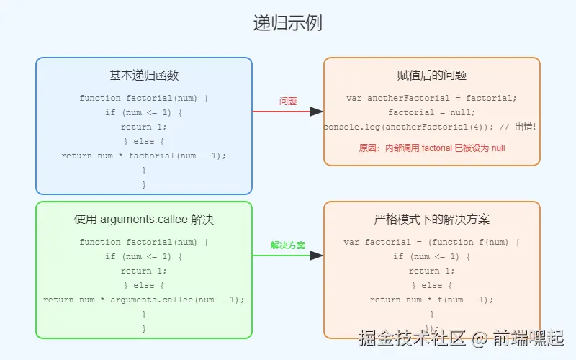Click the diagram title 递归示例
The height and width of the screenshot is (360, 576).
[287, 23]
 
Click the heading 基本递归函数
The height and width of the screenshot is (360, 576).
[144, 76]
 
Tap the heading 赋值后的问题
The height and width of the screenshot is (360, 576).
[432, 76]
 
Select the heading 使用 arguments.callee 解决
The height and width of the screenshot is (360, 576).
[144, 220]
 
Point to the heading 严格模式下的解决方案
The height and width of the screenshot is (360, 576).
[432, 220]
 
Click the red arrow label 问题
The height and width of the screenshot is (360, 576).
[288, 102]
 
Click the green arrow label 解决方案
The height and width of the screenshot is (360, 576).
[288, 246]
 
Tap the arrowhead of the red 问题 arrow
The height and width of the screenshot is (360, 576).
[317, 112]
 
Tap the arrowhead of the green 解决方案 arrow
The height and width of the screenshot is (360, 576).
[317, 256]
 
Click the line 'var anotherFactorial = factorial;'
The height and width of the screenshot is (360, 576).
[432, 98]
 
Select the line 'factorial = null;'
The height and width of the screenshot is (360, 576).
[432, 112]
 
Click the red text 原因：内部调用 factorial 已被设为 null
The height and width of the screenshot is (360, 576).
[432, 148]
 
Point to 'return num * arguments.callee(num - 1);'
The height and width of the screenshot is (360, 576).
[144, 300]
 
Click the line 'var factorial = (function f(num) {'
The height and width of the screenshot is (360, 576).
[432, 242]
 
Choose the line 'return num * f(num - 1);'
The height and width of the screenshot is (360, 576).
[432, 300]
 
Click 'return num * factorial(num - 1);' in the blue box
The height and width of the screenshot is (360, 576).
[144, 156]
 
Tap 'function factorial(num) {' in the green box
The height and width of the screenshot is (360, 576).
[144, 242]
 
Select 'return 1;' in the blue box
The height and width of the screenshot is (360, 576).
[144, 127]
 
